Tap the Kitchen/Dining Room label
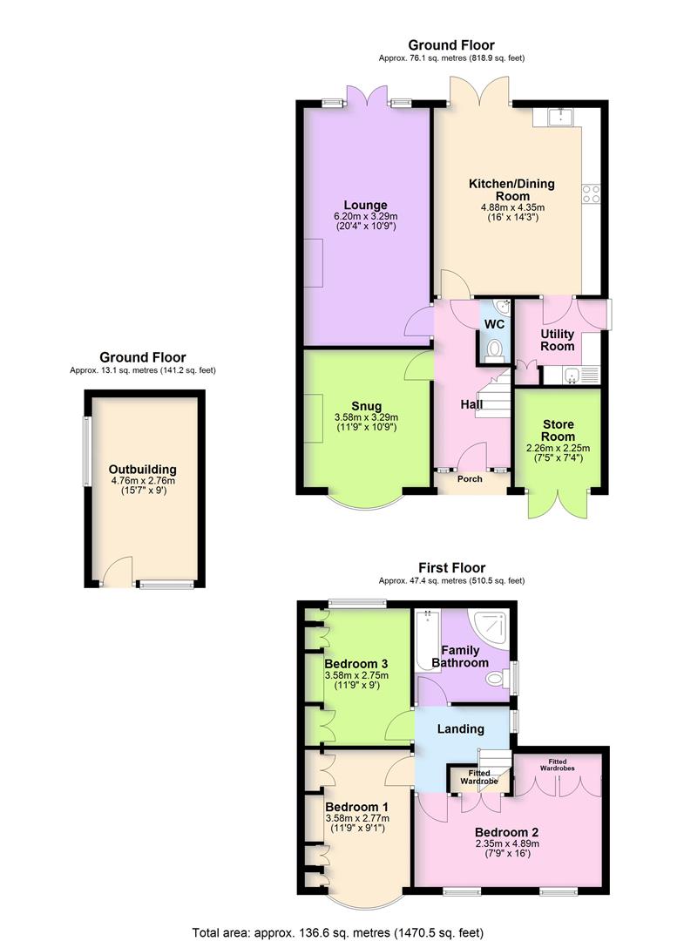[511, 190]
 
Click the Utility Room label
[557, 340]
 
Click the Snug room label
[366, 405]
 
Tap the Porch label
[471, 478]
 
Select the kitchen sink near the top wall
[559, 116]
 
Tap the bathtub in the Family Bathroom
[425, 640]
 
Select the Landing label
[461, 729]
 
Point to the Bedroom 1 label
[356, 805]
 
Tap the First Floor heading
[451, 568]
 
